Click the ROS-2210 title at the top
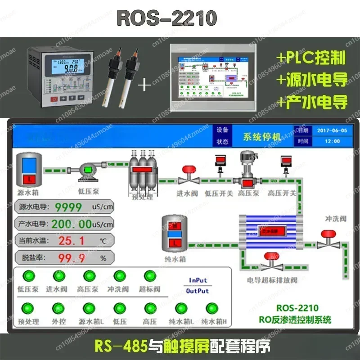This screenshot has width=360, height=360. [167, 18]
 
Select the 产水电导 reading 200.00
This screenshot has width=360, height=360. [71, 224]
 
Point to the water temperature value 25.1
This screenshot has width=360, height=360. [71, 241]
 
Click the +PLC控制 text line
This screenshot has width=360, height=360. [311, 58]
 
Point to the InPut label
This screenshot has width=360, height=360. [198, 280]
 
